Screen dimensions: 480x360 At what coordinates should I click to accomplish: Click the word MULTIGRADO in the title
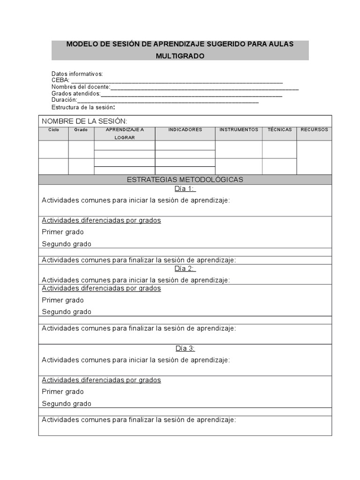[x=180, y=56]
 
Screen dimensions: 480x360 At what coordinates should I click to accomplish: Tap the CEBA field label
[x=60, y=81]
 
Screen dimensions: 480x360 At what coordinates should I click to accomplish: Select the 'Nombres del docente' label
[x=81, y=87]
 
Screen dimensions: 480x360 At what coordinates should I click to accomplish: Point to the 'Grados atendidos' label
[x=76, y=93]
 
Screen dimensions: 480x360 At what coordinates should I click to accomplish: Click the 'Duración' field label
[x=64, y=100]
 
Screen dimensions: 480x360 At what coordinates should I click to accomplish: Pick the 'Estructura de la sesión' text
[x=83, y=107]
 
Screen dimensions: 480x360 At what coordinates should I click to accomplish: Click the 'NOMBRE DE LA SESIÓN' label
[x=84, y=121]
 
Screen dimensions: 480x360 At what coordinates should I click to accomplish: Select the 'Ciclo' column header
[x=53, y=130]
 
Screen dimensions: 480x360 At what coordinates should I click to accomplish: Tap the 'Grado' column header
[x=81, y=130]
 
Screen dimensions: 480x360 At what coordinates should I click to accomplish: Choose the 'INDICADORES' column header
[x=185, y=130]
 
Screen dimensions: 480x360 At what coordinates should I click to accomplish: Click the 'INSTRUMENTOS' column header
[x=239, y=130]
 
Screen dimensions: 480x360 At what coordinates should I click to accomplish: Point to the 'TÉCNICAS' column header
[x=279, y=130]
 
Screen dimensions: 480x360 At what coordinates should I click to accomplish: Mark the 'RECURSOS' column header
[x=314, y=130]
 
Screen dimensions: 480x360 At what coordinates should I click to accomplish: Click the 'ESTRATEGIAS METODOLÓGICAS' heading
[x=185, y=180]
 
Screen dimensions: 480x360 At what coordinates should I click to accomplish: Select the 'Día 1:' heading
[x=185, y=189]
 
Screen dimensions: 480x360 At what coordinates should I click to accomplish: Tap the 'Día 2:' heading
[x=185, y=269]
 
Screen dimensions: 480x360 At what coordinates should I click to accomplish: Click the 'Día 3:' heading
[x=185, y=348]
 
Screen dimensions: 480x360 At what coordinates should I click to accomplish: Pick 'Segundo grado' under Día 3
[x=67, y=404]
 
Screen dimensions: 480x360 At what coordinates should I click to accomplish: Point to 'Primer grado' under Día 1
[x=63, y=232]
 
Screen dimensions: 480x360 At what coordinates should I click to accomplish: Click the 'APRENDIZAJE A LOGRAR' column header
[x=125, y=133]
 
